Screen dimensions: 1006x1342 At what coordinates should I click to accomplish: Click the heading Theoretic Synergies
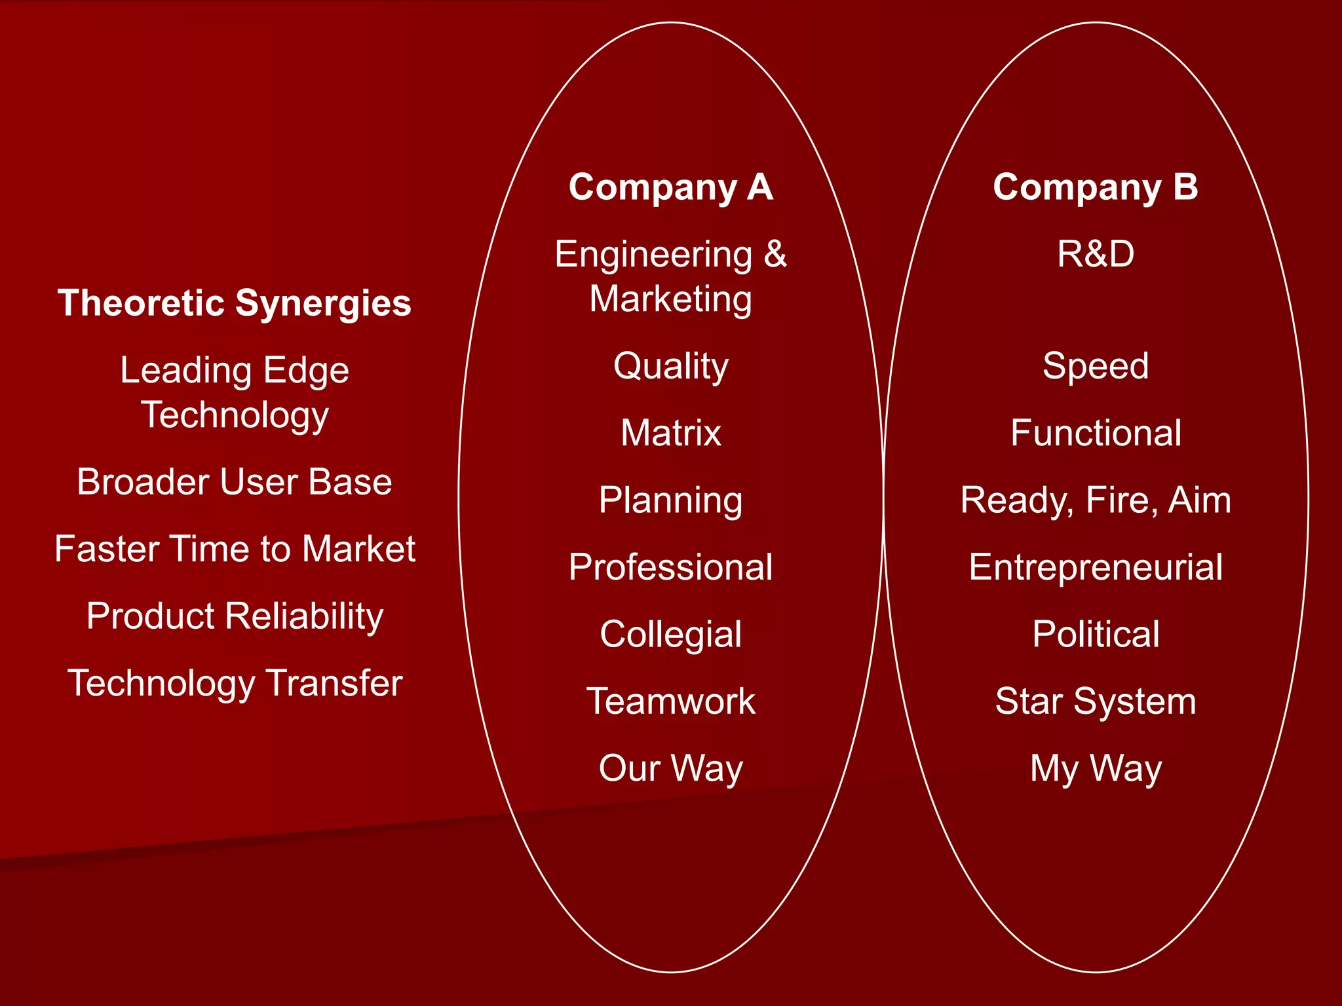[235, 303]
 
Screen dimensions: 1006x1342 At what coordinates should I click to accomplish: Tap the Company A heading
[670, 187]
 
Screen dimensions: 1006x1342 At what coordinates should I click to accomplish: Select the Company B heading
[1095, 187]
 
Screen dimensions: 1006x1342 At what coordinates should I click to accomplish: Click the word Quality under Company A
[670, 366]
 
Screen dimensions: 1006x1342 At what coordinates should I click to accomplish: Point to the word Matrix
[670, 433]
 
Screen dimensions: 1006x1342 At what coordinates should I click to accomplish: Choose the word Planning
[670, 500]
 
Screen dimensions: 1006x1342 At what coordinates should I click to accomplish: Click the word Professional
[670, 567]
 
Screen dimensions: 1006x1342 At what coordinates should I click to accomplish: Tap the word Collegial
[670, 634]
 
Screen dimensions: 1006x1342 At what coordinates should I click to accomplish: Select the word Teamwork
[670, 701]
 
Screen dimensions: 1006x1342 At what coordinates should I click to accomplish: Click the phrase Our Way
[670, 768]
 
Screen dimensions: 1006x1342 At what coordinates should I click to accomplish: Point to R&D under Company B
[1095, 254]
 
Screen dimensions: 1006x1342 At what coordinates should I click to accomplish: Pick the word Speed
[1095, 366]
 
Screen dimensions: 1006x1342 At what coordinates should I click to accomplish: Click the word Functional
[1095, 433]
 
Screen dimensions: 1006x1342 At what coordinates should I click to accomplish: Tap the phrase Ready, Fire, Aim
[1095, 500]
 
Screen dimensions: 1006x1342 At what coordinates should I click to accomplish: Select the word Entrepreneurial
[1095, 567]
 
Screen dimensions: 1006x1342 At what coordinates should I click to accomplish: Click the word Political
[1095, 634]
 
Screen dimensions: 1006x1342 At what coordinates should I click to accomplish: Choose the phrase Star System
[1095, 701]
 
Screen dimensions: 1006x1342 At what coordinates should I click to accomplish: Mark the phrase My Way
[1095, 768]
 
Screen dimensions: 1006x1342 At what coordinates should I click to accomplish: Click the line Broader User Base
[235, 482]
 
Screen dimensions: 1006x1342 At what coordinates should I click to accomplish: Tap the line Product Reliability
[235, 616]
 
